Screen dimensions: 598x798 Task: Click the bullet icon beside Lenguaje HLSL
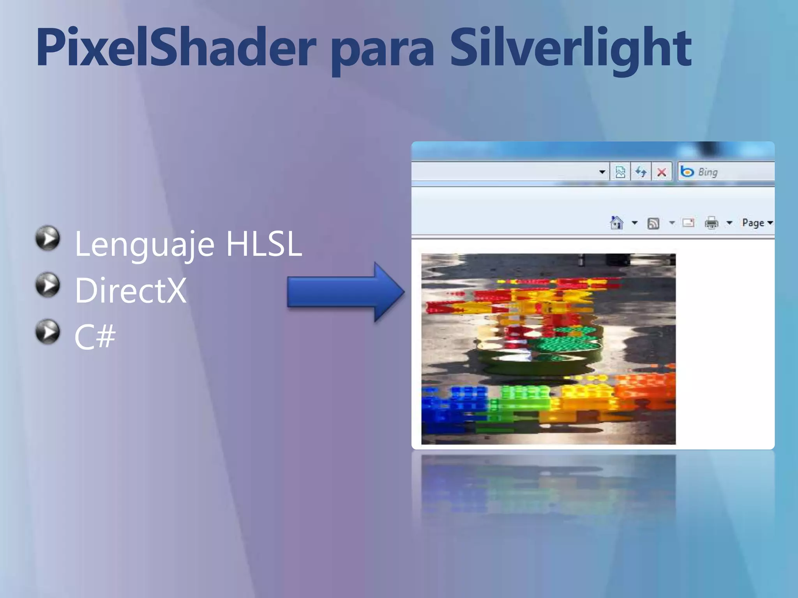[x=48, y=238]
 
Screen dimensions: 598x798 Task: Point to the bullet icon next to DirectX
[x=48, y=285]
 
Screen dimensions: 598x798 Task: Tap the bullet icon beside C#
[x=48, y=332]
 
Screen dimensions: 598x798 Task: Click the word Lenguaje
[x=144, y=245]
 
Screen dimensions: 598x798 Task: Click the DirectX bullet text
[x=131, y=290]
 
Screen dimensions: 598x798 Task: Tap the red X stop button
[x=662, y=172]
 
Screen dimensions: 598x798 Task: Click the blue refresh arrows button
[x=641, y=172]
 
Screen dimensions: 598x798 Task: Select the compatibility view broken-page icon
[x=620, y=172]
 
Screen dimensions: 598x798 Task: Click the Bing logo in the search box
[x=687, y=172]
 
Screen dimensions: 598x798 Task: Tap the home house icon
[x=616, y=223]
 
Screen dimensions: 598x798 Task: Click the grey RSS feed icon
[x=653, y=223]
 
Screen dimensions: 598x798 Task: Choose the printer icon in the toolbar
[x=711, y=223]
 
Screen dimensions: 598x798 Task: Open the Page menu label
[x=753, y=223]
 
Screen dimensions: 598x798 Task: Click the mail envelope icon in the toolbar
[x=689, y=223]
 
